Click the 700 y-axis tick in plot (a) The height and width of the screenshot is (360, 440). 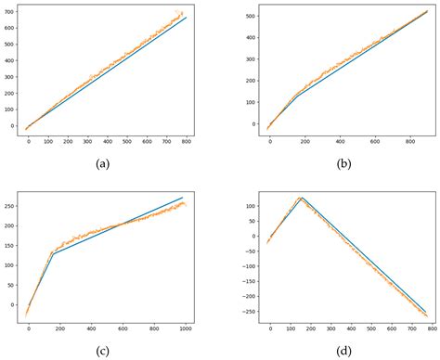click(x=8, y=11)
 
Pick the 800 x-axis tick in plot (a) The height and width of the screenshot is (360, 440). click(x=187, y=141)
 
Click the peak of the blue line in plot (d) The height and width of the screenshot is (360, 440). click(x=301, y=198)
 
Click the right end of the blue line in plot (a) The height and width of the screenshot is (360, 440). click(x=187, y=18)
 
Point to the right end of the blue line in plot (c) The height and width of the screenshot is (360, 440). click(x=184, y=198)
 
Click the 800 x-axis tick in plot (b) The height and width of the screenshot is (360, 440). click(x=409, y=141)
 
